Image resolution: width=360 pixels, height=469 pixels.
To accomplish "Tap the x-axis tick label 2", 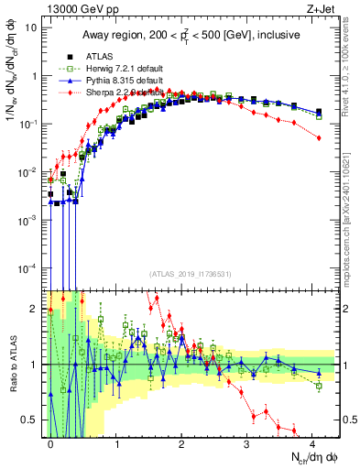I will tap(181, 442).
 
